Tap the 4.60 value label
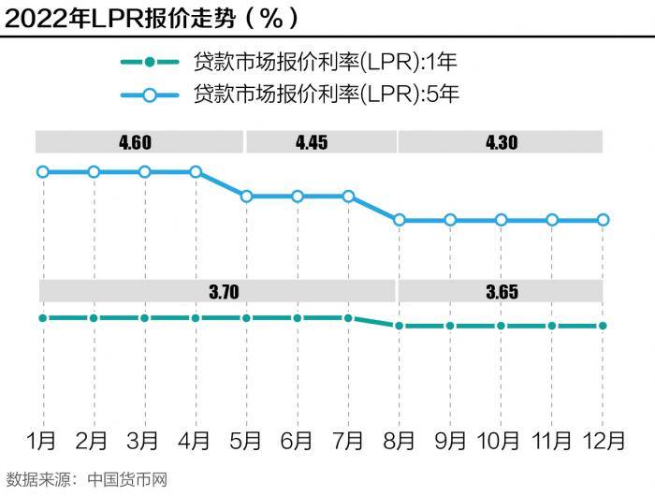pos(135,143)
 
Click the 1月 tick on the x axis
pos(42,440)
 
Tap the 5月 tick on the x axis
pos(246,440)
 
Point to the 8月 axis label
pos(400,440)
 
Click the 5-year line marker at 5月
pos(246,197)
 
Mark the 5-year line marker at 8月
pos(400,220)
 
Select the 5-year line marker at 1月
pos(42,171)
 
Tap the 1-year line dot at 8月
pos(400,326)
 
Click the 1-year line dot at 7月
pos(348,318)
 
